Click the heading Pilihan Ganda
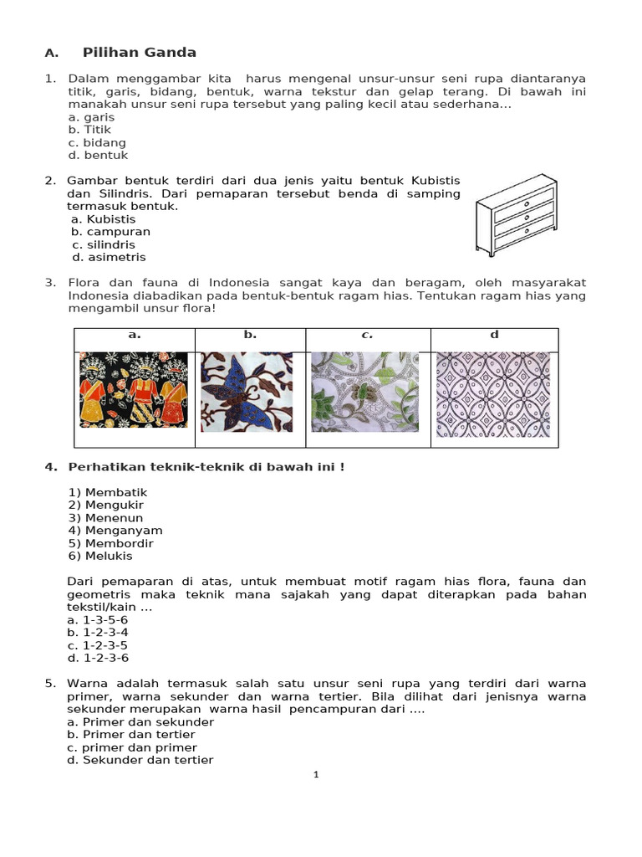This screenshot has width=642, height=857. (139, 53)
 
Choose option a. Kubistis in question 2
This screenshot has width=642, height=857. (104, 219)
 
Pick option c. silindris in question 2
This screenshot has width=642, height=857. (104, 244)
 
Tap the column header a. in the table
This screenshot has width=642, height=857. (134, 335)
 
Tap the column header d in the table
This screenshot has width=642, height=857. (494, 335)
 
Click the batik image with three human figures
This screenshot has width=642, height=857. (134, 390)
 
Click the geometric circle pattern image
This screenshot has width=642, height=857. (493, 393)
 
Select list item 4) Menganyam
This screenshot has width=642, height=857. (115, 531)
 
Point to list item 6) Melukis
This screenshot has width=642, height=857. (100, 556)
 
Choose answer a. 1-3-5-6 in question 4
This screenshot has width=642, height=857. (98, 620)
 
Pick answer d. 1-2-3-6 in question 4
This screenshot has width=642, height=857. (98, 658)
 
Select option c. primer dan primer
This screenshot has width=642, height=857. (132, 747)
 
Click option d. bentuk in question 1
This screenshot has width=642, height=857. (98, 155)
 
